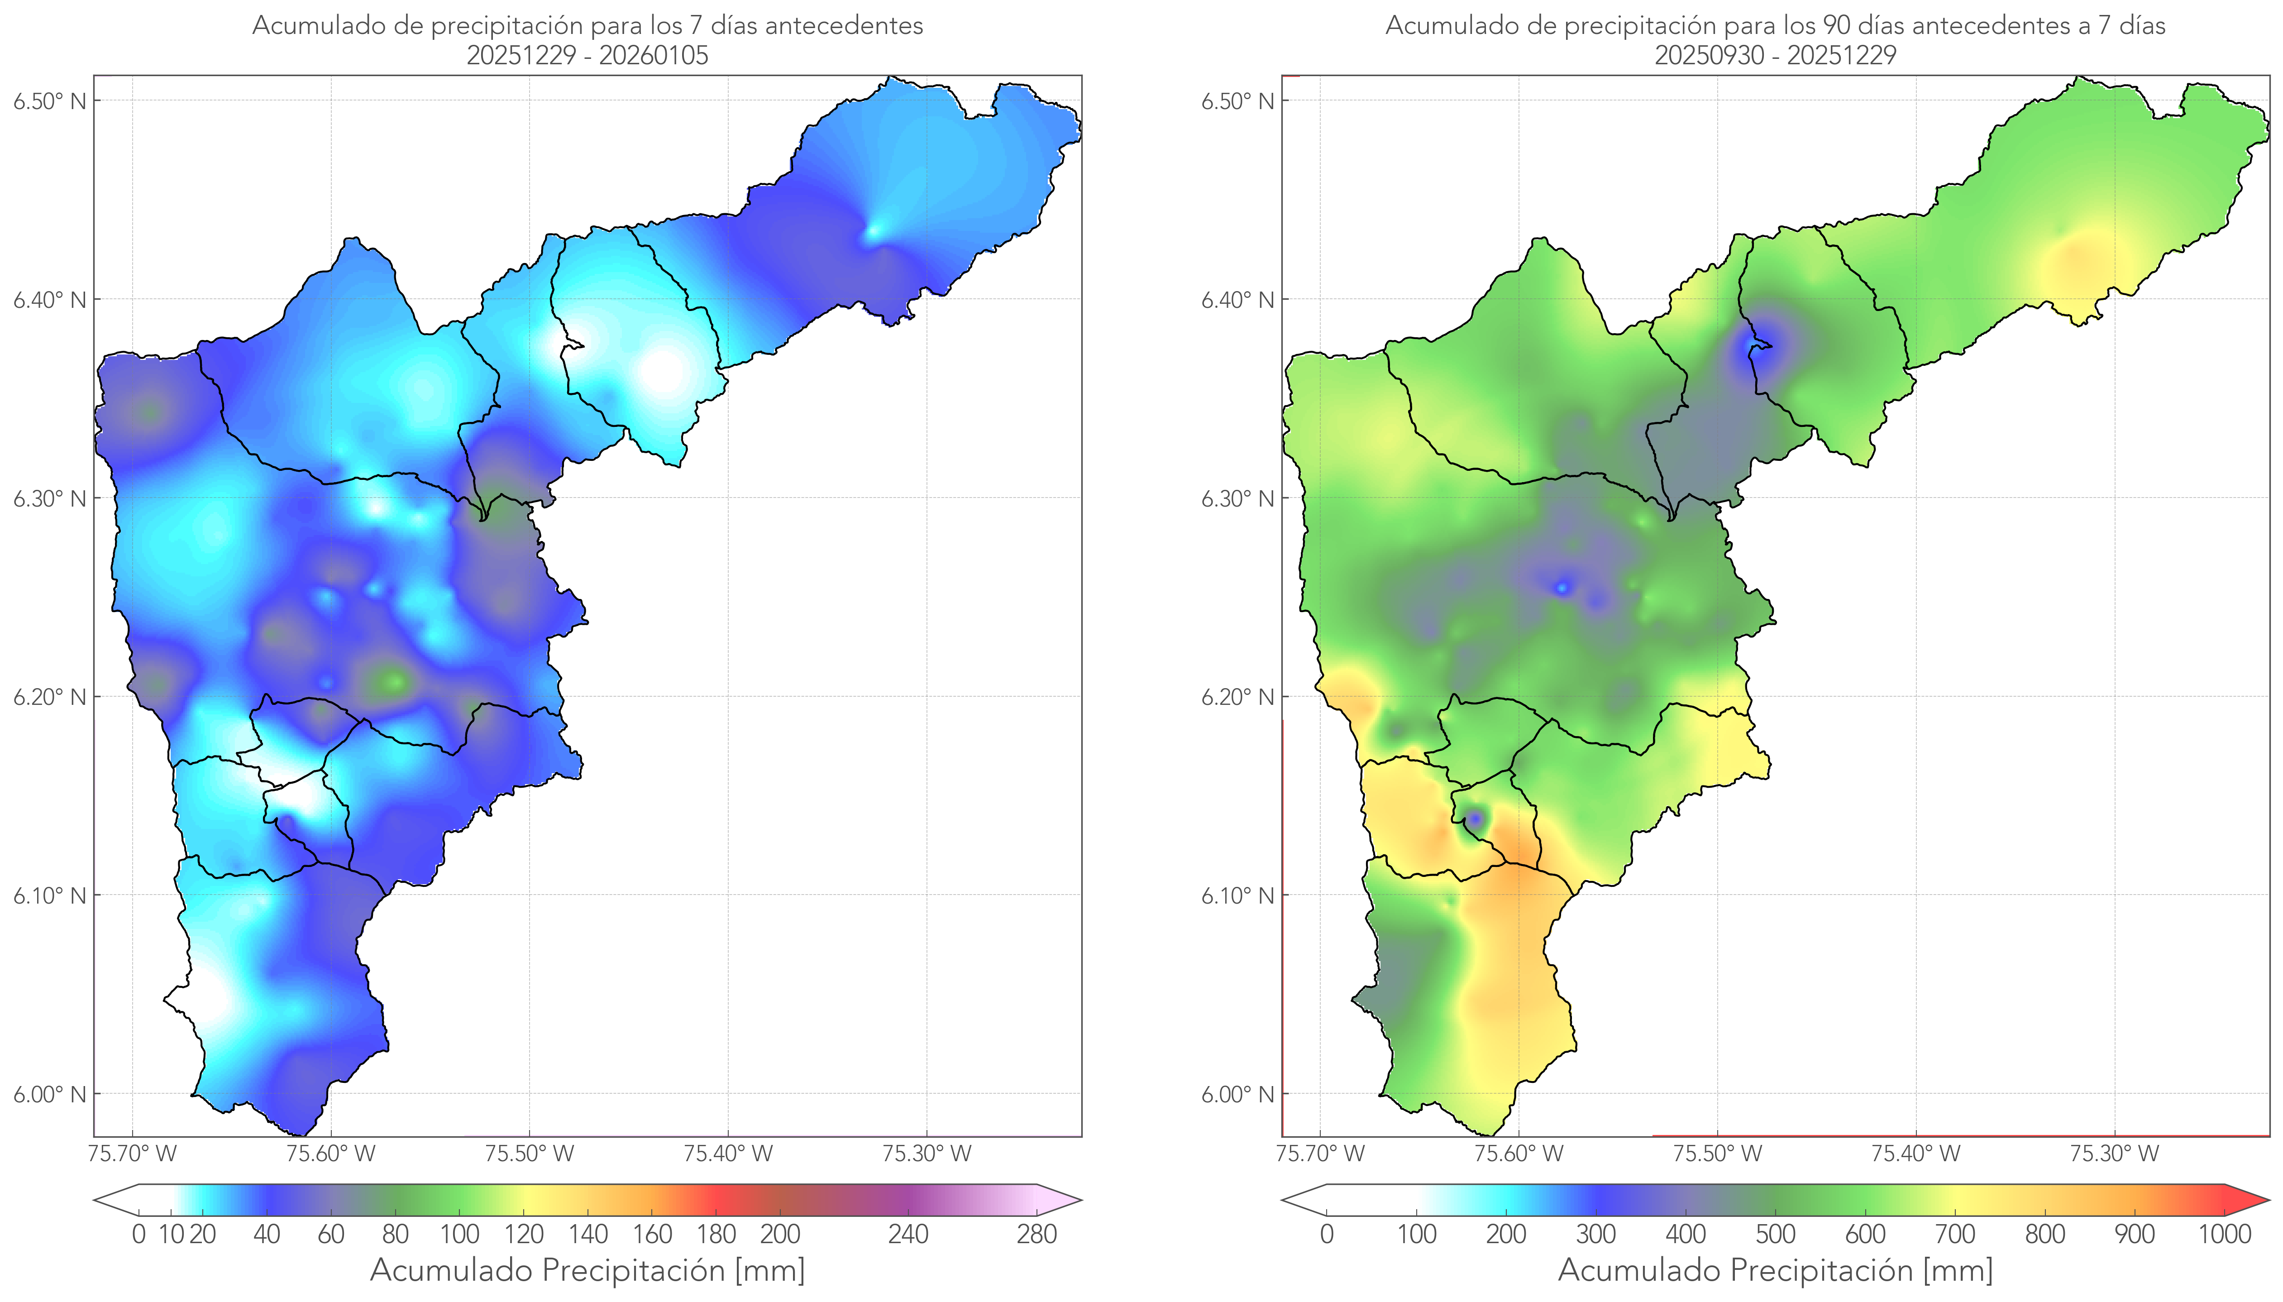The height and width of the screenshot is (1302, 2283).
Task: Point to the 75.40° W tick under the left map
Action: click(x=728, y=1154)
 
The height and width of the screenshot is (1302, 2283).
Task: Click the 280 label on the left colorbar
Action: click(x=1037, y=1235)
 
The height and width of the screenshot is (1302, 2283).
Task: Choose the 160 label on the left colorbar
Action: click(x=653, y=1235)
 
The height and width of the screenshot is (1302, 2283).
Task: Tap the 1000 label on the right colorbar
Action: click(x=2224, y=1235)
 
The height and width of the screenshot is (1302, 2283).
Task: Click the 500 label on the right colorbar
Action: click(x=1775, y=1235)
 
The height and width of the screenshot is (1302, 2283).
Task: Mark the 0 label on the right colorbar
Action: click(x=1327, y=1235)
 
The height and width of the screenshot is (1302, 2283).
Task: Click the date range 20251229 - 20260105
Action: click(x=587, y=55)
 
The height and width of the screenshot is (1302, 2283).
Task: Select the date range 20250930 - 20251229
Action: click(x=1775, y=55)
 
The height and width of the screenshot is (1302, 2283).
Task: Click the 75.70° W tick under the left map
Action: click(x=132, y=1154)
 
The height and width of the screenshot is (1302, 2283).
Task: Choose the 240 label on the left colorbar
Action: click(x=908, y=1235)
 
